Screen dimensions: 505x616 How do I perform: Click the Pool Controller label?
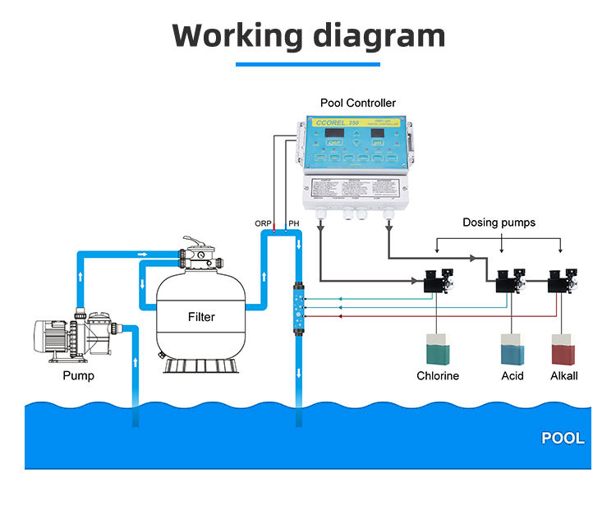(357, 103)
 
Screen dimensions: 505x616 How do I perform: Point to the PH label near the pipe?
(295, 223)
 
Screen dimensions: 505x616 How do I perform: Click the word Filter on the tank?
(202, 316)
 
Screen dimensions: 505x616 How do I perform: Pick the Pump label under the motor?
(79, 375)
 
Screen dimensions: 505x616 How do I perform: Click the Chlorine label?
(438, 376)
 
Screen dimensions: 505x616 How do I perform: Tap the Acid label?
(513, 376)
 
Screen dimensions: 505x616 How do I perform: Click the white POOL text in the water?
(563, 438)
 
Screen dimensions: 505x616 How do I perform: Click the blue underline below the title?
(308, 63)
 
